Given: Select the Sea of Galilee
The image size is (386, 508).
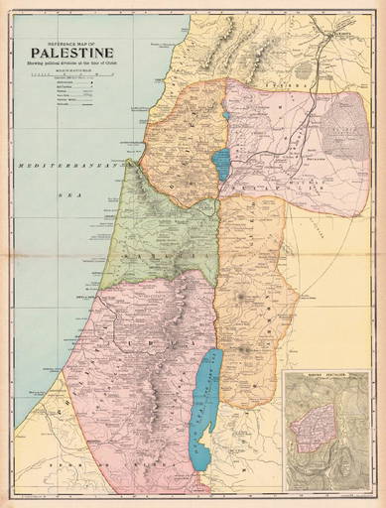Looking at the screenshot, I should click(x=221, y=164).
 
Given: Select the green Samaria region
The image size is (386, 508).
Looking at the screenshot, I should click(x=164, y=238).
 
